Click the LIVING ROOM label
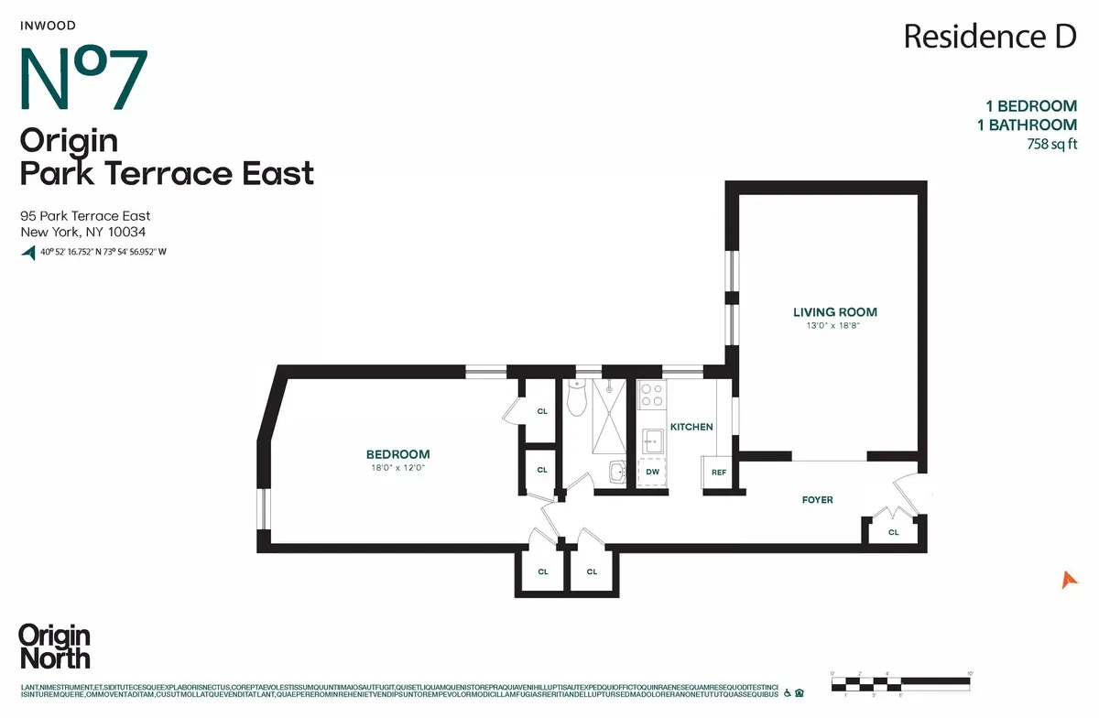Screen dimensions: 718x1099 [x=834, y=312]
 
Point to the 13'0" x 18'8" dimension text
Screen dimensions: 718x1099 [x=834, y=326]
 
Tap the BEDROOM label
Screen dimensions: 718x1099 [x=397, y=454]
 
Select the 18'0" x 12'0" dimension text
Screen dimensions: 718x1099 [x=397, y=468]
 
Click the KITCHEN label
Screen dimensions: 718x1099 [x=691, y=427]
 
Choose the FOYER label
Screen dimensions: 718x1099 [x=817, y=499]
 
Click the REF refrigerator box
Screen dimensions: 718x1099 [x=719, y=473]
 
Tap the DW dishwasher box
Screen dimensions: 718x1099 [x=652, y=473]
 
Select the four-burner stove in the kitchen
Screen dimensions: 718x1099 [x=650, y=395]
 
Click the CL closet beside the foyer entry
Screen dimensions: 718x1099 [x=893, y=531]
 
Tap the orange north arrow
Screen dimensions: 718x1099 [x=1066, y=579]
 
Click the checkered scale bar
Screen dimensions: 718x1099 [x=900, y=679]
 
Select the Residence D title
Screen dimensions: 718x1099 [x=989, y=37]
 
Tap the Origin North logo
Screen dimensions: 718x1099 [x=54, y=647]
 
